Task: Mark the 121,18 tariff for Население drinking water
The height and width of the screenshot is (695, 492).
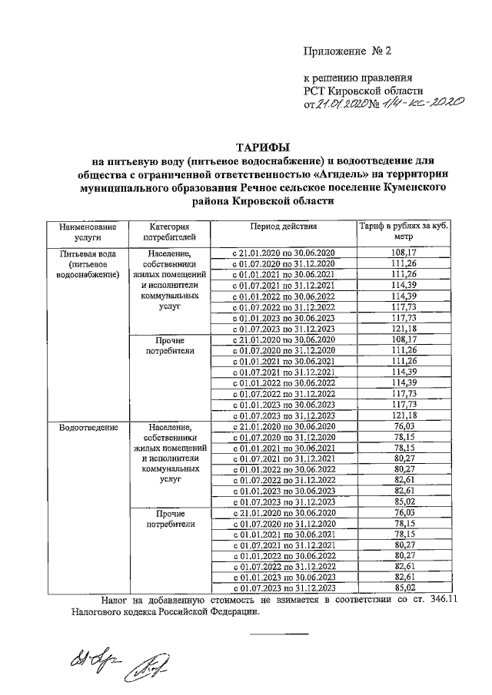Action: [403, 328]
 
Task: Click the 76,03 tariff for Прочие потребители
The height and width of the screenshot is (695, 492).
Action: [403, 512]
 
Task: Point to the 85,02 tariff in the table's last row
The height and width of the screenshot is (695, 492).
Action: [403, 588]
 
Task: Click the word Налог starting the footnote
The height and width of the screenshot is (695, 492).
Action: [115, 601]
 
